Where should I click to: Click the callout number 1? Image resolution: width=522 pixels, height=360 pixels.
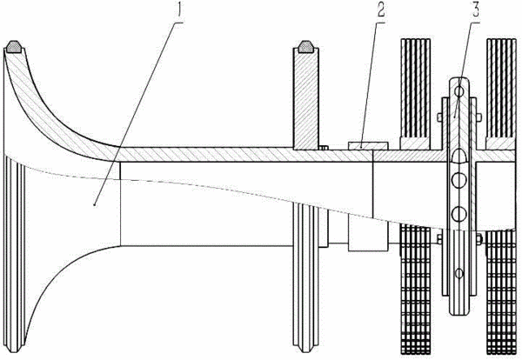pos(180,10)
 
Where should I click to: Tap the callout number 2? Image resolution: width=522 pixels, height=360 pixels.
pos(381,10)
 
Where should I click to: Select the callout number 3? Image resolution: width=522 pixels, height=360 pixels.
pos(476,10)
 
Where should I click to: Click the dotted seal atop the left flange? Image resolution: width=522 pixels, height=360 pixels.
pos(14,47)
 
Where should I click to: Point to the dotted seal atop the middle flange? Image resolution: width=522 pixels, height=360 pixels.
pos(305,47)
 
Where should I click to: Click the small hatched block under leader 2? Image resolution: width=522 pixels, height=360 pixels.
pos(368,145)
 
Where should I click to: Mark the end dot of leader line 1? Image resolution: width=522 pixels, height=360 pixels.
pos(95,205)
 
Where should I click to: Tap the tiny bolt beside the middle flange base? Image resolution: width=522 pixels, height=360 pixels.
pos(324,148)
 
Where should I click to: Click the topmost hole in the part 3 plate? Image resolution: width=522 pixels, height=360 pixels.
pos(459,90)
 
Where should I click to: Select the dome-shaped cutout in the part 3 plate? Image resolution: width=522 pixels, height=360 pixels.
pos(459,157)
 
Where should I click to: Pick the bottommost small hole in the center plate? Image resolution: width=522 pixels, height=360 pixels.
pos(459,273)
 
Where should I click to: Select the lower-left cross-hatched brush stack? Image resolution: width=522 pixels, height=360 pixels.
pos(416,290)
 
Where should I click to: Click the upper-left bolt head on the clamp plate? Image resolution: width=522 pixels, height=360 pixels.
pos(439,117)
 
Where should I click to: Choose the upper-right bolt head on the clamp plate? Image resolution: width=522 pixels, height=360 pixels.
pos(479,117)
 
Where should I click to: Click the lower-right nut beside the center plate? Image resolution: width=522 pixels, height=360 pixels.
pos(479,239)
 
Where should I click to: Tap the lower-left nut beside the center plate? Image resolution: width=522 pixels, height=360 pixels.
pos(439,239)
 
